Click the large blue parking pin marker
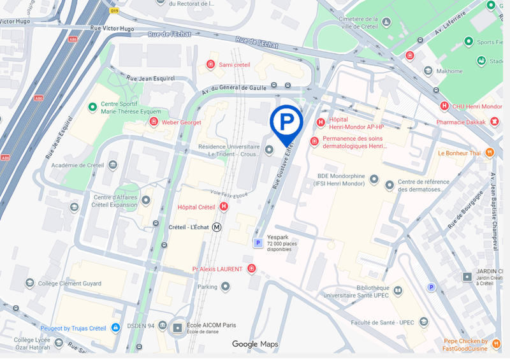coord(286,122)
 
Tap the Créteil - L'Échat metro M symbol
coord(217,227)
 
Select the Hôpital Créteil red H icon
coord(224,207)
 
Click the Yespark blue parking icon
coord(258,243)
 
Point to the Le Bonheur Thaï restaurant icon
coord(490,153)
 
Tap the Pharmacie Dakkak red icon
coord(495,122)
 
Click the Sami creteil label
coord(235,65)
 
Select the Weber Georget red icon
coord(153,122)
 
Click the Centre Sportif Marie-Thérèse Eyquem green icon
coord(92,106)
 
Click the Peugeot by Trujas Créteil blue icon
coord(115,328)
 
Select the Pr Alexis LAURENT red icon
coord(252,269)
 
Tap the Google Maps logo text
coord(255,344)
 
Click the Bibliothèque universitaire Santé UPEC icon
coord(398,291)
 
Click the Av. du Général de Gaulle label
coord(234,88)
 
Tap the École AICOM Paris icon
coord(178,328)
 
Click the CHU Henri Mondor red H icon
coord(445,106)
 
